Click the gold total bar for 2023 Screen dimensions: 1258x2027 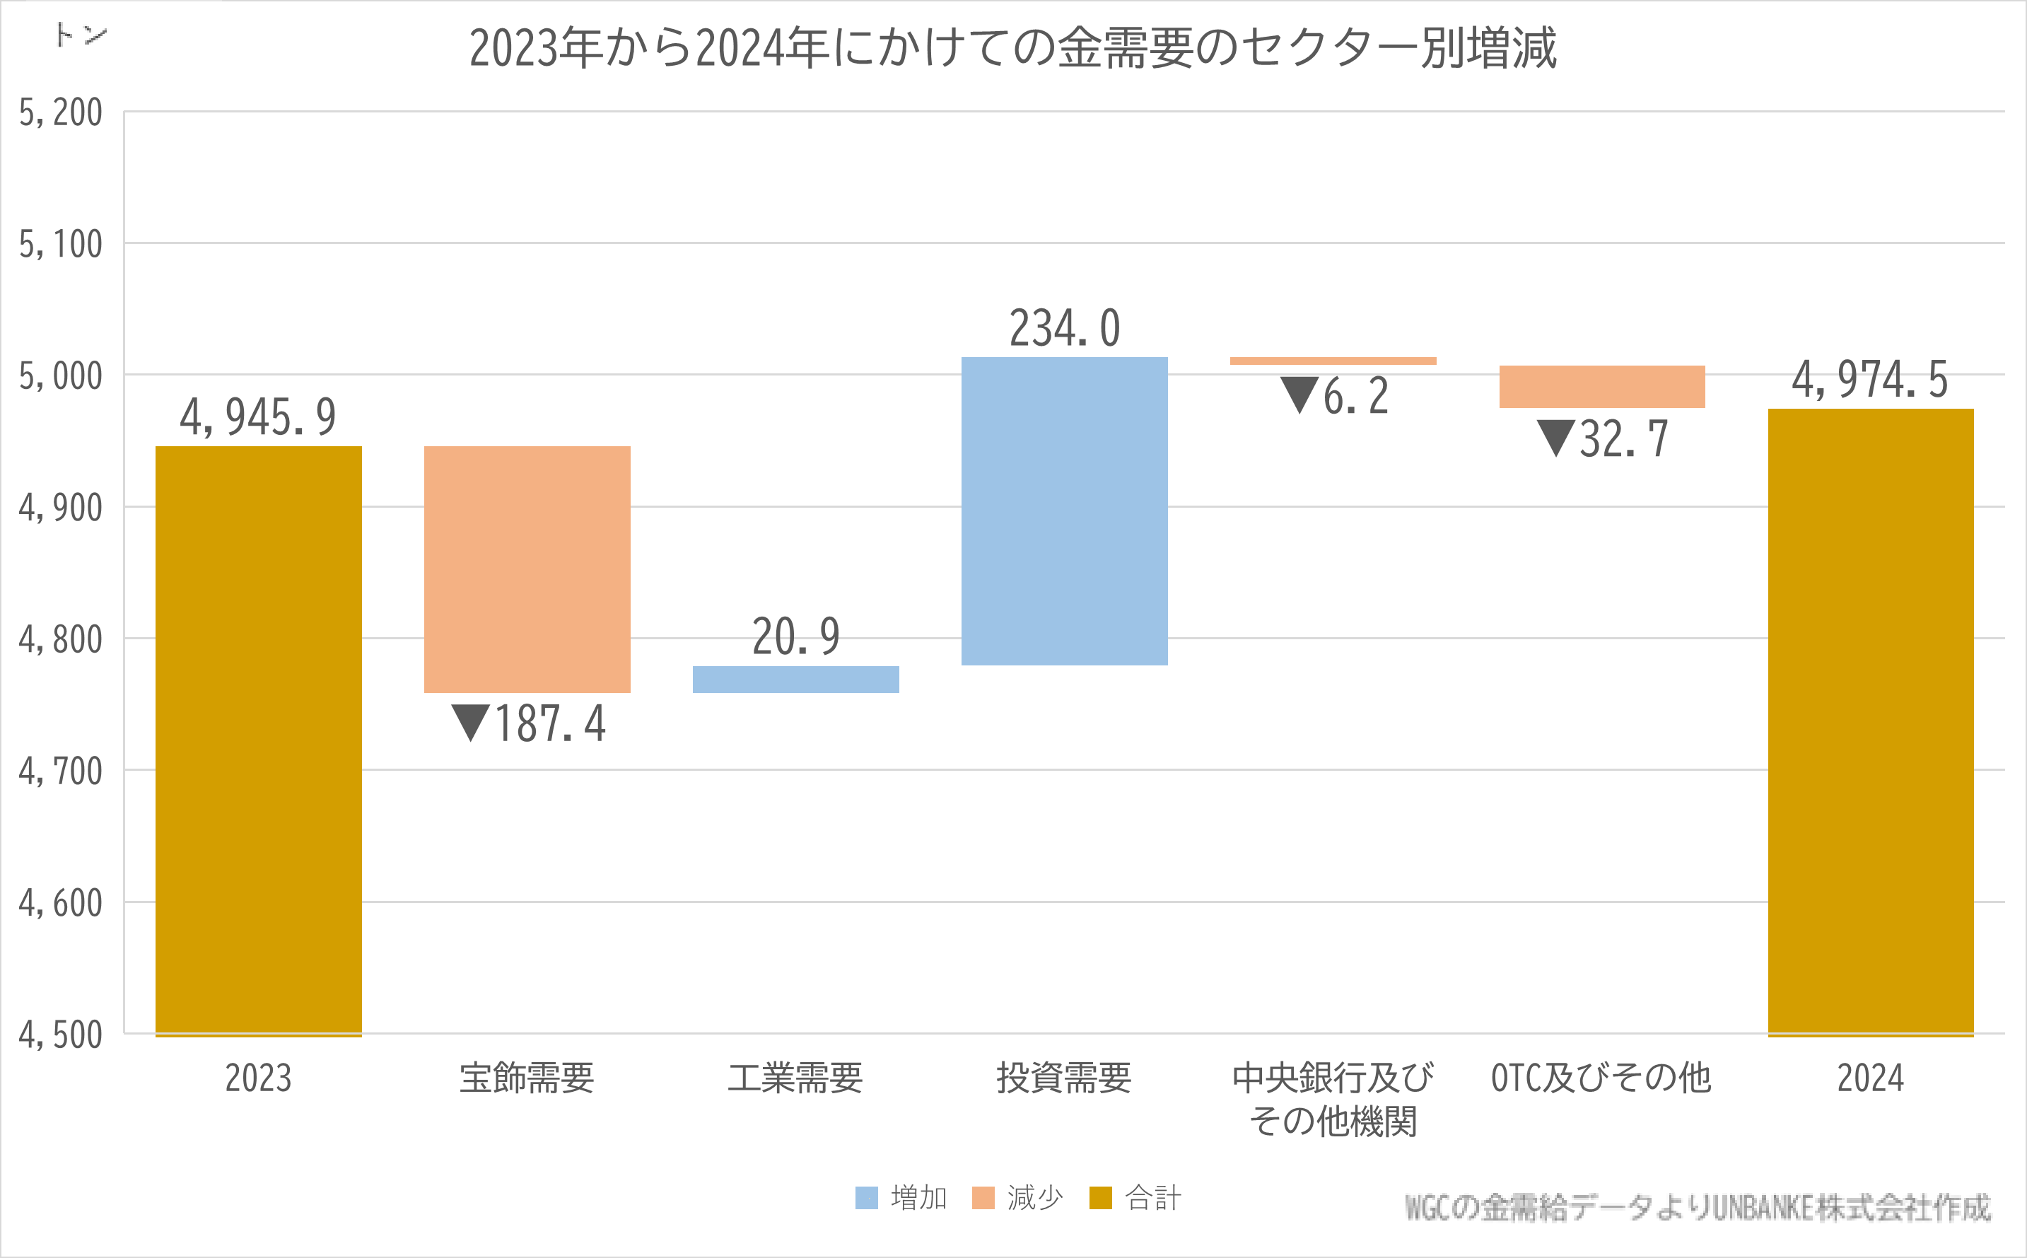pyautogui.click(x=258, y=740)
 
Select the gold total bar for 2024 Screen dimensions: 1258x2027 pyautogui.click(x=1870, y=722)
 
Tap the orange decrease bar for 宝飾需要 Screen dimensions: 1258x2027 pyautogui.click(x=527, y=569)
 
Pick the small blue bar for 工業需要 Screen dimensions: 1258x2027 pyautogui.click(x=795, y=679)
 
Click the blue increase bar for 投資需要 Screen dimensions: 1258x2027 pyautogui.click(x=1064, y=511)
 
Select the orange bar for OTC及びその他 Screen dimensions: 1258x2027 pyautogui.click(x=1601, y=387)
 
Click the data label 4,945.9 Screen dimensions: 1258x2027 pyautogui.click(x=258, y=417)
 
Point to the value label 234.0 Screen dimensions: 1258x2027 pyautogui.click(x=1065, y=328)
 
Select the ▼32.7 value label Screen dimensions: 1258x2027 pyautogui.click(x=1602, y=438)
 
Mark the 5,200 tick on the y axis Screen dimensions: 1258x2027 pyautogui.click(x=61, y=112)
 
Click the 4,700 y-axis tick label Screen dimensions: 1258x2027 pyautogui.click(x=61, y=771)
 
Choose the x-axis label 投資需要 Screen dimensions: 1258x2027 pyautogui.click(x=1064, y=1078)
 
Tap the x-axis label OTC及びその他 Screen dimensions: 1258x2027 pyautogui.click(x=1601, y=1078)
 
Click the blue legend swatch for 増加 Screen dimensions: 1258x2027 pyautogui.click(x=866, y=1198)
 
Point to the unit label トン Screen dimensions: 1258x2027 pyautogui.click(x=81, y=35)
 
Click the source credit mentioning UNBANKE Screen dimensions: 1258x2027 pyautogui.click(x=1697, y=1207)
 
